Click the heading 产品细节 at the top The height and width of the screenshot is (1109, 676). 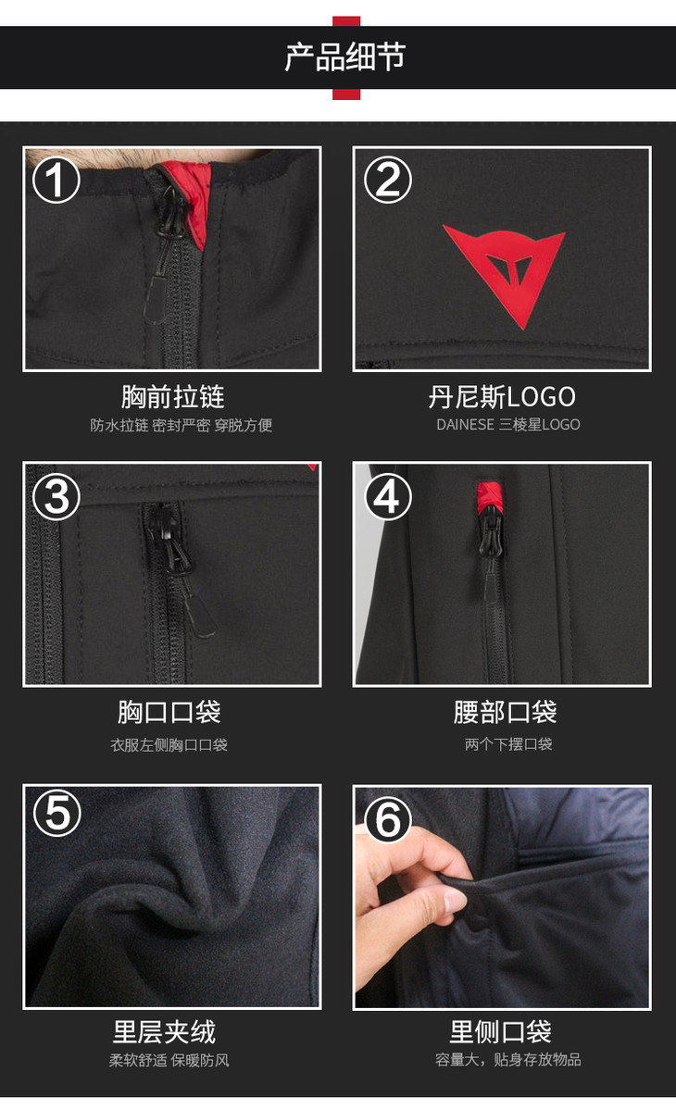pyautogui.click(x=344, y=57)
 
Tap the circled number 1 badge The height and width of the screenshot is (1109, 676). pyautogui.click(x=56, y=180)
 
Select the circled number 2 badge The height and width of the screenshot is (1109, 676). pyautogui.click(x=387, y=180)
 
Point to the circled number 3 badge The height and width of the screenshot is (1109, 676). pyautogui.click(x=56, y=496)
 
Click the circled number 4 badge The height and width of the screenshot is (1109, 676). pyautogui.click(x=387, y=496)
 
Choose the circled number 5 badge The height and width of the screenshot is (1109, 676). pyautogui.click(x=57, y=813)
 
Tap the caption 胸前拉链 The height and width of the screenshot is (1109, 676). pyautogui.click(x=173, y=397)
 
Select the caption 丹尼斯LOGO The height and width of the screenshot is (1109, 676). pyautogui.click(x=502, y=397)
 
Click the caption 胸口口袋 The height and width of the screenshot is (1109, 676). pyautogui.click(x=169, y=712)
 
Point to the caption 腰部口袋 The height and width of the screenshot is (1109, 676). pyautogui.click(x=506, y=712)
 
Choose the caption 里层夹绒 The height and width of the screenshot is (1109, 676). pyautogui.click(x=164, y=1032)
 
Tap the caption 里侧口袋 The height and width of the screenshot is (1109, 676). pyautogui.click(x=500, y=1032)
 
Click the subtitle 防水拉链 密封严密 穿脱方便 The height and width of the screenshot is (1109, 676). pyautogui.click(x=182, y=425)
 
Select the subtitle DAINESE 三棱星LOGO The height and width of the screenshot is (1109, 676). pyautogui.click(x=508, y=424)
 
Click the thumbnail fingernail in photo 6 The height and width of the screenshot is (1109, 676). pyautogui.click(x=454, y=901)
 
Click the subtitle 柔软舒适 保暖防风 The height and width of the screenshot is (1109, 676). pyautogui.click(x=169, y=1060)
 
